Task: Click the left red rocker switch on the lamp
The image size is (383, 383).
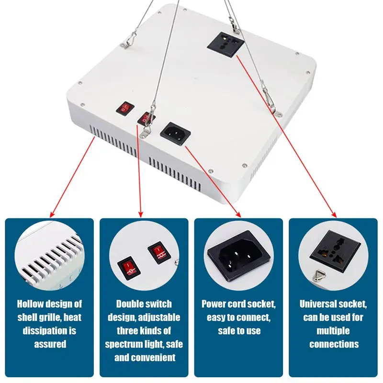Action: pos(124,109)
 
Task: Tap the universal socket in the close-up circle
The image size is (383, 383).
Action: pos(335,250)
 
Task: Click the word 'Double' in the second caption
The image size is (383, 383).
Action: pos(130,304)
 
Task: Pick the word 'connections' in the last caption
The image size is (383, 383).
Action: pos(334,344)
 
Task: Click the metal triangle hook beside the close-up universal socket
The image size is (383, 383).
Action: pos(317,274)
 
